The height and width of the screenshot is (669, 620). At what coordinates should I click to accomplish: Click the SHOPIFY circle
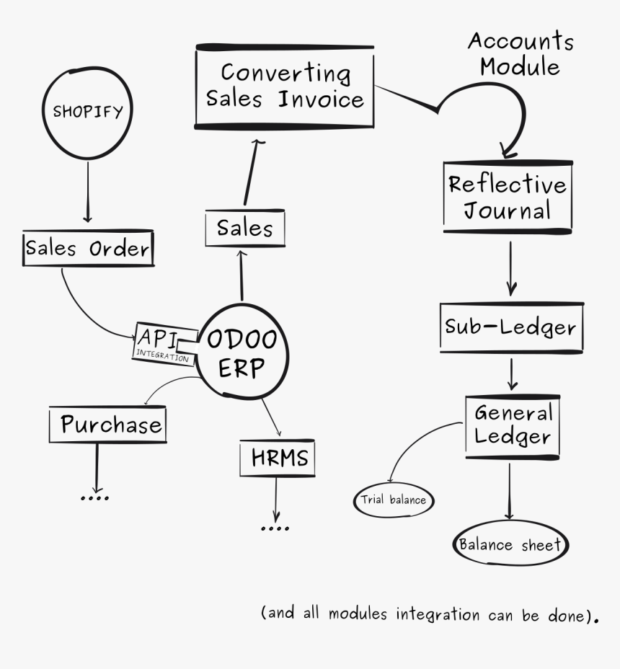click(x=87, y=112)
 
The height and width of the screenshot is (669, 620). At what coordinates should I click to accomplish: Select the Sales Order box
click(x=88, y=249)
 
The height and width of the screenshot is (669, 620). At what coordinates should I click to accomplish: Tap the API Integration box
click(x=164, y=344)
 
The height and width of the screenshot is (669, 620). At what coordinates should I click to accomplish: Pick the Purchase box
click(x=107, y=425)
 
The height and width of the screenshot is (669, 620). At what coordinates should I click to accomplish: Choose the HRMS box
click(x=278, y=458)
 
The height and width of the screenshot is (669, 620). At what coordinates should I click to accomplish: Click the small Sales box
click(x=244, y=229)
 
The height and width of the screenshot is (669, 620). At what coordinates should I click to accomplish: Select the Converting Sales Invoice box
click(x=285, y=87)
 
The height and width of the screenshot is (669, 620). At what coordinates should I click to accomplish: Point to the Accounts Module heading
click(x=521, y=54)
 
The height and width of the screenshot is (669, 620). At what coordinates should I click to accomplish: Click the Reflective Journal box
click(x=508, y=197)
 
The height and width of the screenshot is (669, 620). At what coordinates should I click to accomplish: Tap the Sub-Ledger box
click(x=510, y=327)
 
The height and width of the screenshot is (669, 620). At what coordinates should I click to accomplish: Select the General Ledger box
click(x=512, y=426)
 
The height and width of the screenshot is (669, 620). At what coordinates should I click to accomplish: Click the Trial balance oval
click(x=394, y=500)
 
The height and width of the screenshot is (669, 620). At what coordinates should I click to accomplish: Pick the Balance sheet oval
click(x=510, y=545)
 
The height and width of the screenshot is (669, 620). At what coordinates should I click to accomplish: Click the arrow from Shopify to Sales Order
click(x=87, y=191)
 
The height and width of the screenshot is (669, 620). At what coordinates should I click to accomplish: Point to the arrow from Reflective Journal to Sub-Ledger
click(x=510, y=267)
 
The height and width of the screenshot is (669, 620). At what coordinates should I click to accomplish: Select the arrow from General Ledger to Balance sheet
click(x=509, y=490)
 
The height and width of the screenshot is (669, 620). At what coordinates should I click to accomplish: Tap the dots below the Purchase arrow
click(x=94, y=497)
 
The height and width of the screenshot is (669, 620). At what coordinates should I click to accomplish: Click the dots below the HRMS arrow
click(x=275, y=528)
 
